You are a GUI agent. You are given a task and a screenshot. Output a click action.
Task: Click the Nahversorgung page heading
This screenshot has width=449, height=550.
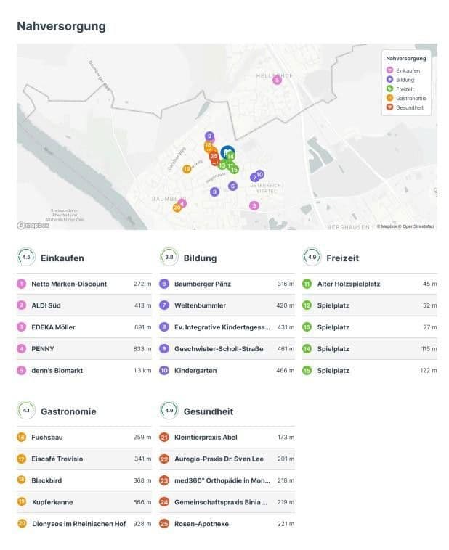[61, 27]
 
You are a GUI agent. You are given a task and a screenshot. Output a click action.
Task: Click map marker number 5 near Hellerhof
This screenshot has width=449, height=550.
[277, 80]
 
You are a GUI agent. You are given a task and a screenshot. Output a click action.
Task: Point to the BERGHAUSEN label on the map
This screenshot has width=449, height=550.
[349, 226]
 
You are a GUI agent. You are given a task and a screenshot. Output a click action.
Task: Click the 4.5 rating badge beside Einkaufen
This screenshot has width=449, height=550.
[26, 258]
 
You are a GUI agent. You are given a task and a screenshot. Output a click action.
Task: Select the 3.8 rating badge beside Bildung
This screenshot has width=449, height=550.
[169, 258]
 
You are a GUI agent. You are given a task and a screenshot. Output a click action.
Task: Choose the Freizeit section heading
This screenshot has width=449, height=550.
[342, 258]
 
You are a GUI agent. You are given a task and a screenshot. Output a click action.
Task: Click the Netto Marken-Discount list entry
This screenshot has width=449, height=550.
[69, 284]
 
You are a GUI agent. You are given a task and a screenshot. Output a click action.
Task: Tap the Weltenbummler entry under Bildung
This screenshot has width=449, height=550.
[200, 305]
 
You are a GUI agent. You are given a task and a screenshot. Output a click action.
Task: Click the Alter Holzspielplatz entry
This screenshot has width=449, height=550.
[349, 284]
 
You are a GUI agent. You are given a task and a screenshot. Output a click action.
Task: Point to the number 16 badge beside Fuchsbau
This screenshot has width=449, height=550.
[21, 438]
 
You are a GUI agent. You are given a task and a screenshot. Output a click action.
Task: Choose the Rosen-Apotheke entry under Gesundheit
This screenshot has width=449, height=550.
[201, 523]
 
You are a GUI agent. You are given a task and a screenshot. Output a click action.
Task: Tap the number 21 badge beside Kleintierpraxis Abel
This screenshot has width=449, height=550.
[164, 438]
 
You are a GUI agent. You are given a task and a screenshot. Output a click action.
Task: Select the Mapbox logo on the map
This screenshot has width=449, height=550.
[33, 226]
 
